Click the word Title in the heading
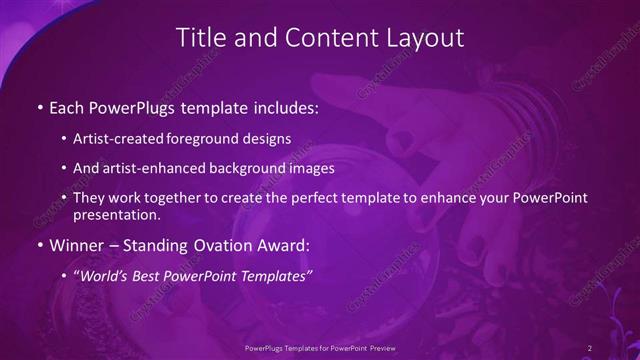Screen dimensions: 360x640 click(x=200, y=38)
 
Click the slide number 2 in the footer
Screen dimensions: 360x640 click(x=590, y=347)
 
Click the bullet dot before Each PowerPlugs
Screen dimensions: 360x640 click(x=39, y=107)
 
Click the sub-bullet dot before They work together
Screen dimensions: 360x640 click(x=65, y=199)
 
